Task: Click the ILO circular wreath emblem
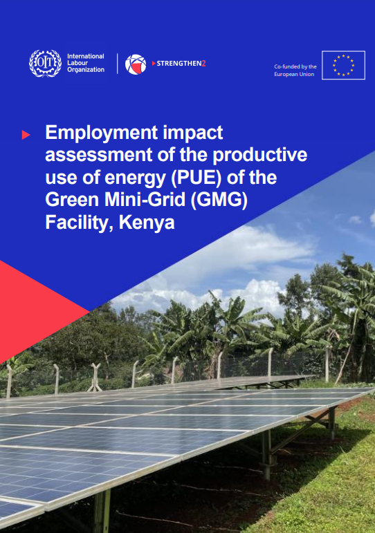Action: [x=45, y=63]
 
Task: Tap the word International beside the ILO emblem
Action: [x=85, y=57]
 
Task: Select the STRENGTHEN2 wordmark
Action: [x=179, y=63]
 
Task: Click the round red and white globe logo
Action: [x=136, y=64]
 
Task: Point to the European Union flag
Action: [x=343, y=65]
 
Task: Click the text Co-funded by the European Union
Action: [x=295, y=71]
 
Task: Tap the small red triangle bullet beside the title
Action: [x=26, y=135]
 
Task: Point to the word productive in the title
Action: [x=260, y=155]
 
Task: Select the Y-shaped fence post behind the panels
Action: [x=95, y=377]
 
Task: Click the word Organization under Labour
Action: [x=86, y=70]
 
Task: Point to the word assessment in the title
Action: [x=98, y=156]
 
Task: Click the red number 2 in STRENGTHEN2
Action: [x=204, y=63]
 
